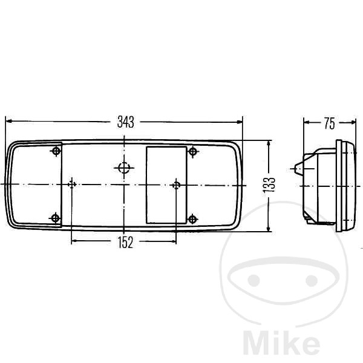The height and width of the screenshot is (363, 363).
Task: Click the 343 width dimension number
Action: coord(125,122)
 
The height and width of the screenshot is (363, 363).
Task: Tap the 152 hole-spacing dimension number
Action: coord(125,243)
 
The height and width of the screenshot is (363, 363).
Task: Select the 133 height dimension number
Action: coord(269,185)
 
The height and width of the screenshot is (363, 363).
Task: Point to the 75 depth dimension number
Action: coord(330,123)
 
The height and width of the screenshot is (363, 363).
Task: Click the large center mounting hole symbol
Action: coord(124,168)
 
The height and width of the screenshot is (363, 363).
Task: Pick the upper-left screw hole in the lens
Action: coord(56,151)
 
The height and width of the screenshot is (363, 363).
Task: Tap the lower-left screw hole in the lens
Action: coord(55,218)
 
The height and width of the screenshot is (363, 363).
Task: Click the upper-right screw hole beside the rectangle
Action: coord(192,152)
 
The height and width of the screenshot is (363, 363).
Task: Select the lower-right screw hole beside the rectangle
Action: coord(192,219)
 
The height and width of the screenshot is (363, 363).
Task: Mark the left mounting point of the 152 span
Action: coord(72,185)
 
